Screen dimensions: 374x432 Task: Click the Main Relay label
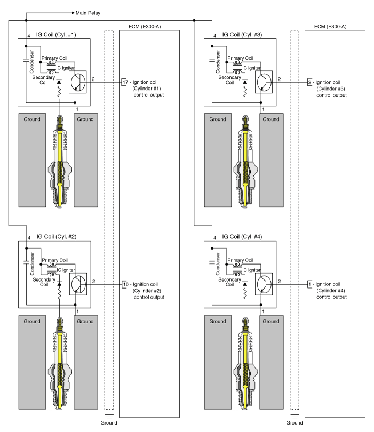tap(88, 13)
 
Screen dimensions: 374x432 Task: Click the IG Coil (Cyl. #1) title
tap(56, 35)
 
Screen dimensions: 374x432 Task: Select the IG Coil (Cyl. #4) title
tap(242, 237)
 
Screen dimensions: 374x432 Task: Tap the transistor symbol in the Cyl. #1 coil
tap(78, 82)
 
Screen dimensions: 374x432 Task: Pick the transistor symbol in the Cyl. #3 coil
tap(264, 82)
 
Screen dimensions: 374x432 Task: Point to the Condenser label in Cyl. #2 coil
tap(32, 263)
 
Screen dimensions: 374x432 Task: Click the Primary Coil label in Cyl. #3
tap(240, 58)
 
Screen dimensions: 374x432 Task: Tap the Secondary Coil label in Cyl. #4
tap(229, 282)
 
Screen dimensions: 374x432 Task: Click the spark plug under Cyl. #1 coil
tap(60, 162)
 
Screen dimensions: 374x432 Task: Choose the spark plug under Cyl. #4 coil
tap(245, 364)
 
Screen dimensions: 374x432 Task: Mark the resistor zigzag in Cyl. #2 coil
tap(59, 294)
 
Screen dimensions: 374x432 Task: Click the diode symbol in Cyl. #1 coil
tap(59, 81)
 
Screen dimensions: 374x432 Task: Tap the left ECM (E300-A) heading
tap(145, 27)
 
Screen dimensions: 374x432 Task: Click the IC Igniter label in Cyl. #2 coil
tap(66, 270)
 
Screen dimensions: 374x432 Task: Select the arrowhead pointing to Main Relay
tap(73, 13)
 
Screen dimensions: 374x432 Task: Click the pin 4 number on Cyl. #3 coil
tap(214, 36)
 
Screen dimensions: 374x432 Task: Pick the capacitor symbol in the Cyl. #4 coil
tap(212, 262)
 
